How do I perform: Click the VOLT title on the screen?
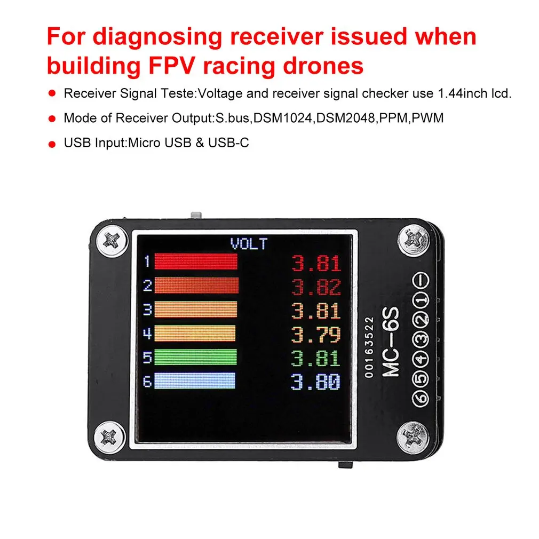[248, 244]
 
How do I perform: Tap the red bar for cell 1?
[195, 261]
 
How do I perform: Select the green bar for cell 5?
[195, 356]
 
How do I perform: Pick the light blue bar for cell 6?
[195, 381]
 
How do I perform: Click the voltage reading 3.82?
[316, 287]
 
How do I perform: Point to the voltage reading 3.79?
[316, 335]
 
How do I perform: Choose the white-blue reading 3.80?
[316, 382]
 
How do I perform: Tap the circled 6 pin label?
[421, 398]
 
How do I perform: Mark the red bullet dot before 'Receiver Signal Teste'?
[52, 93]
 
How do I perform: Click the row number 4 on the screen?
[147, 334]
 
